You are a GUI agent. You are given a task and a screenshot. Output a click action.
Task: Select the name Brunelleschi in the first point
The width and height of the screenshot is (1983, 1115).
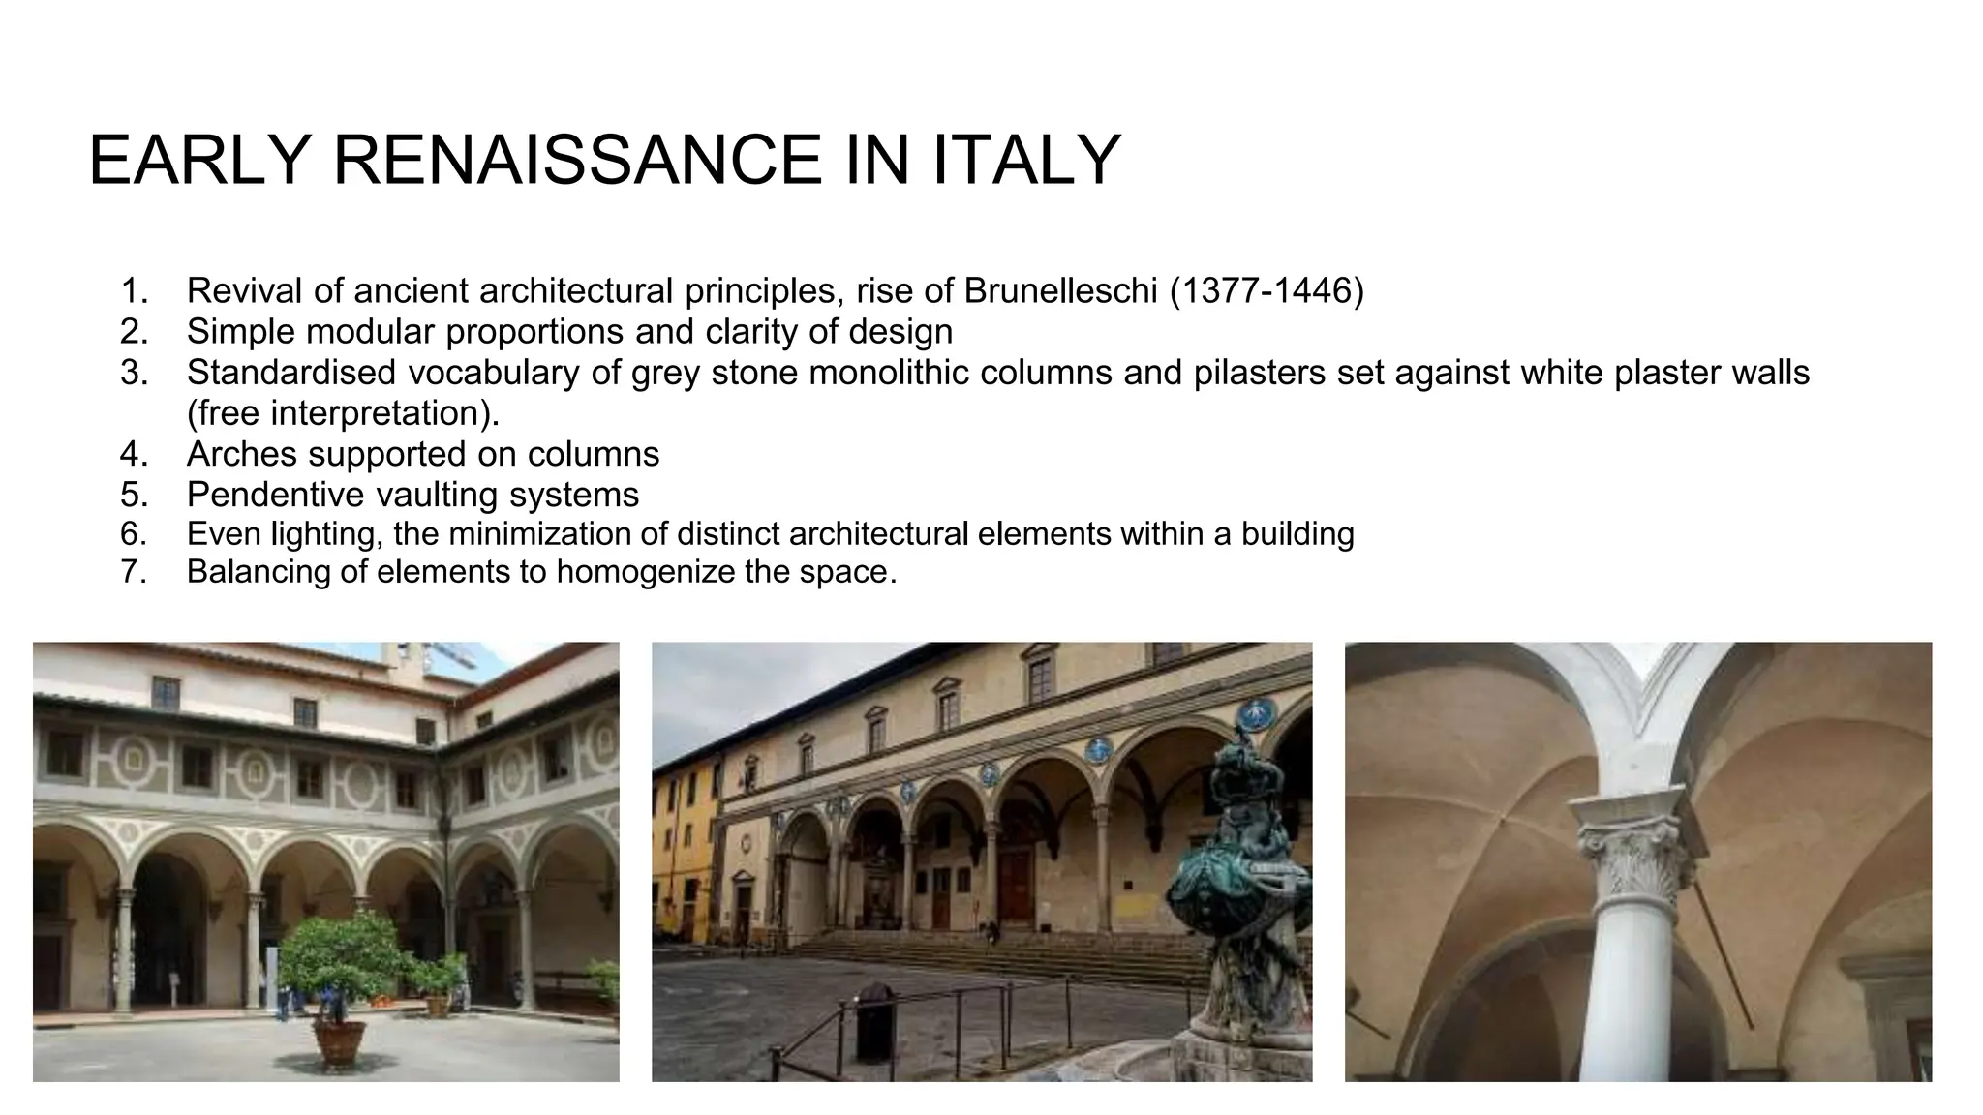(1060, 290)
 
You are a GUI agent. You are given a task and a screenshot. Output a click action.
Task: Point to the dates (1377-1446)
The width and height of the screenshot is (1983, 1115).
(1266, 290)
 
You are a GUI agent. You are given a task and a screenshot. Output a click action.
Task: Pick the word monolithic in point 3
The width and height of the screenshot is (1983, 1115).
(876, 373)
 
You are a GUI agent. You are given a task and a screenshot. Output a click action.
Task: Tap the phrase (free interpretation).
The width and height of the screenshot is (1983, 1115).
(344, 413)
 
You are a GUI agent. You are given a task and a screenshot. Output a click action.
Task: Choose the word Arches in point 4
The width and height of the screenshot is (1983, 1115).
(243, 454)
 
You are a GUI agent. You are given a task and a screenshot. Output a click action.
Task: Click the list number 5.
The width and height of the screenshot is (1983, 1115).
(133, 495)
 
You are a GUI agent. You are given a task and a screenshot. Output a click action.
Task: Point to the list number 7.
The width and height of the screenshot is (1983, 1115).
(133, 572)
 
